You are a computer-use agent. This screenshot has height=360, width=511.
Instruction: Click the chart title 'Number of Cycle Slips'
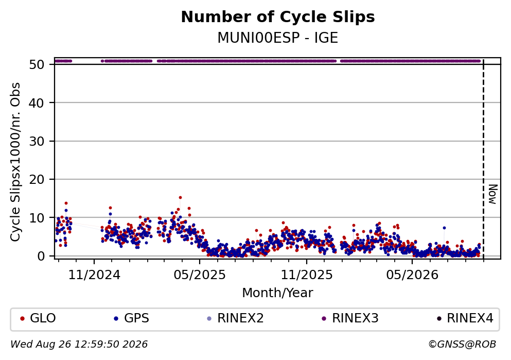tap(278, 17)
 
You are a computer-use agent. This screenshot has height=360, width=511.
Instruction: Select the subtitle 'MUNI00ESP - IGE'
tap(278, 38)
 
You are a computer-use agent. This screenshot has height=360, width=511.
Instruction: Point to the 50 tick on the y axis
tap(37, 64)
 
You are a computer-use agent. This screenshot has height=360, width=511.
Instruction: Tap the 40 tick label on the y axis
tap(37, 103)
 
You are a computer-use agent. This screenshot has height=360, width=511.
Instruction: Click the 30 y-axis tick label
tap(37, 141)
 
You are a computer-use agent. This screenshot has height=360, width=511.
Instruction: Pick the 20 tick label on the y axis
tap(37, 179)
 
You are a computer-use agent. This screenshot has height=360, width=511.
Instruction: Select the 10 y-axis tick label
tap(37, 218)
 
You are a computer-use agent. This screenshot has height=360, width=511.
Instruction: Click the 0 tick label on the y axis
tap(41, 256)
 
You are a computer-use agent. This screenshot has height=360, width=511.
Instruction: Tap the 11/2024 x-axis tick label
tap(94, 275)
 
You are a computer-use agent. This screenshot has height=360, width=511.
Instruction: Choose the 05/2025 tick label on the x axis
tap(200, 275)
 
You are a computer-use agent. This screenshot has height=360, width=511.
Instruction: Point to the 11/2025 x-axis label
tap(307, 275)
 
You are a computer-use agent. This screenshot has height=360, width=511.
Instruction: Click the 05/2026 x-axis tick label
tap(412, 275)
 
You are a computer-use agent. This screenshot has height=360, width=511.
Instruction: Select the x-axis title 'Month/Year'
tap(278, 293)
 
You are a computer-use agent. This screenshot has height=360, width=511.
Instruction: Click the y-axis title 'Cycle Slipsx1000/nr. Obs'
tap(15, 162)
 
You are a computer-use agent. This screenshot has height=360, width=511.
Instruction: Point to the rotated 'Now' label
tap(493, 194)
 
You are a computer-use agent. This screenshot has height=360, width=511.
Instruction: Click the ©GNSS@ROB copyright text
tap(462, 345)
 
